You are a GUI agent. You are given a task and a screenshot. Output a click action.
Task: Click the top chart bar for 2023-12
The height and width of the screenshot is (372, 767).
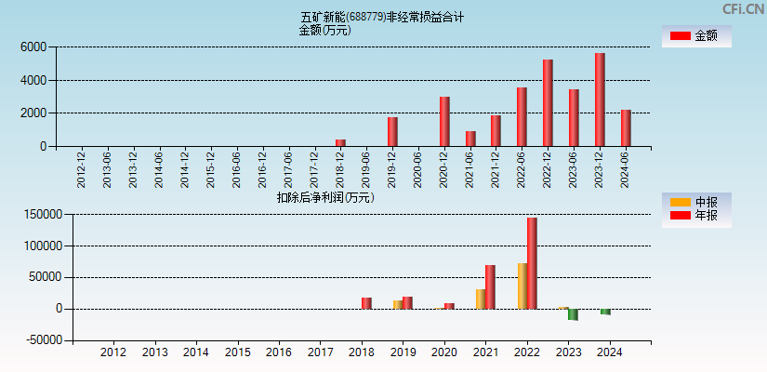pyautogui.click(x=600, y=100)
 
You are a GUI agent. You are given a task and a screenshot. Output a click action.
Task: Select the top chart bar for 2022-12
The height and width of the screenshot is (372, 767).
pyautogui.click(x=548, y=102)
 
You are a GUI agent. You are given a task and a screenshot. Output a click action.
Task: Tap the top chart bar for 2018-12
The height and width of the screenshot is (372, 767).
pyautogui.click(x=340, y=142)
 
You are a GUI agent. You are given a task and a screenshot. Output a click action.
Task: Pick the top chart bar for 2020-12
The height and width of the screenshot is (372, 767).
pyautogui.click(x=444, y=121)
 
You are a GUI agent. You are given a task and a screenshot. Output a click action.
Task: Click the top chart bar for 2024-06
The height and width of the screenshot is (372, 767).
pyautogui.click(x=626, y=127)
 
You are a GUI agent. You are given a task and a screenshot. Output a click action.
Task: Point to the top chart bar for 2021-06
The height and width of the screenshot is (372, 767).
pyautogui.click(x=470, y=139)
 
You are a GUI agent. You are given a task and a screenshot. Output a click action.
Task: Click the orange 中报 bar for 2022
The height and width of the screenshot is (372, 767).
pyautogui.click(x=522, y=286)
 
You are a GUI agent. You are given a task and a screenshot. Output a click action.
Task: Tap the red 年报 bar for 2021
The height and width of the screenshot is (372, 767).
pyautogui.click(x=490, y=286)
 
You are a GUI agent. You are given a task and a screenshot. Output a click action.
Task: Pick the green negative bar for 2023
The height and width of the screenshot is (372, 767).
pyautogui.click(x=573, y=314)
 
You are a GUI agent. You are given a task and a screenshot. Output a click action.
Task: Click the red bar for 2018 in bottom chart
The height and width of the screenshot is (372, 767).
pyautogui.click(x=366, y=303)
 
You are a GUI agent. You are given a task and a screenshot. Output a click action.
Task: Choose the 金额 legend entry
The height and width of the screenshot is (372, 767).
pyautogui.click(x=696, y=35)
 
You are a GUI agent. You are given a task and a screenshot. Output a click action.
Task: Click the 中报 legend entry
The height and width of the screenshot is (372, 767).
pyautogui.click(x=696, y=202)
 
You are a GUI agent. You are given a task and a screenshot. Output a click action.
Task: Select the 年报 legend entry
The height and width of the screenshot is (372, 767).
pyautogui.click(x=696, y=216)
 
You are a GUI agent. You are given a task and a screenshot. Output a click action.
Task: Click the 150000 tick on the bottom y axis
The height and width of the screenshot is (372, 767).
pyautogui.click(x=42, y=215)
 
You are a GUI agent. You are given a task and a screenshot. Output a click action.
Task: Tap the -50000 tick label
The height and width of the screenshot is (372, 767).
pyautogui.click(x=42, y=340)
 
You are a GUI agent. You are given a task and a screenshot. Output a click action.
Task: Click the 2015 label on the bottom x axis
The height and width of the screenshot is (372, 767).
pyautogui.click(x=237, y=352)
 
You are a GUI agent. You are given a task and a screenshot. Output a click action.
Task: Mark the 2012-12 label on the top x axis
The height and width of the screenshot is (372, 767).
pyautogui.click(x=82, y=168)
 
